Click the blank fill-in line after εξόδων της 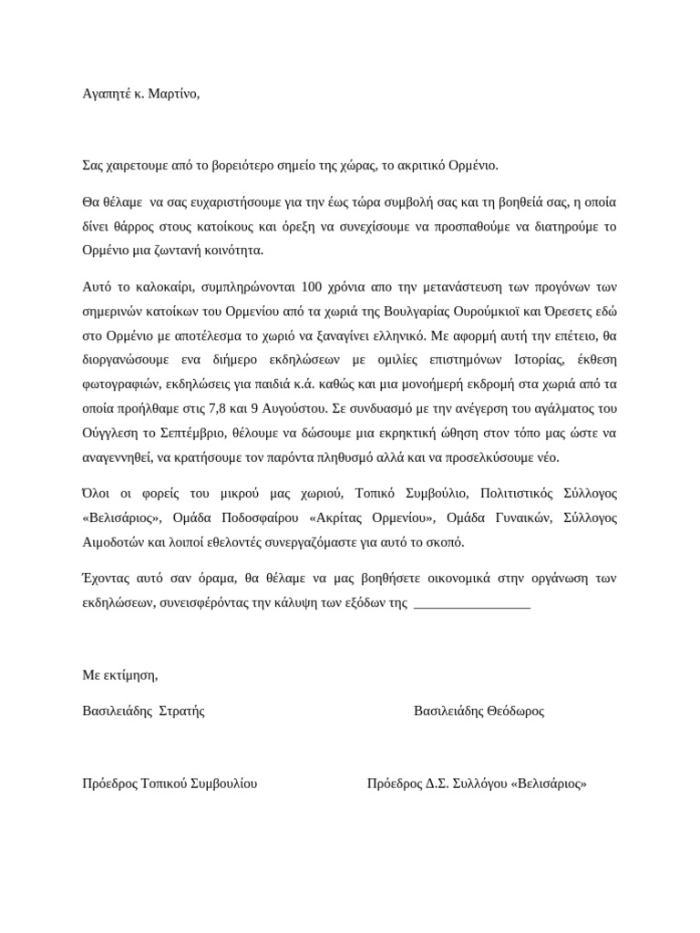pos(471,603)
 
